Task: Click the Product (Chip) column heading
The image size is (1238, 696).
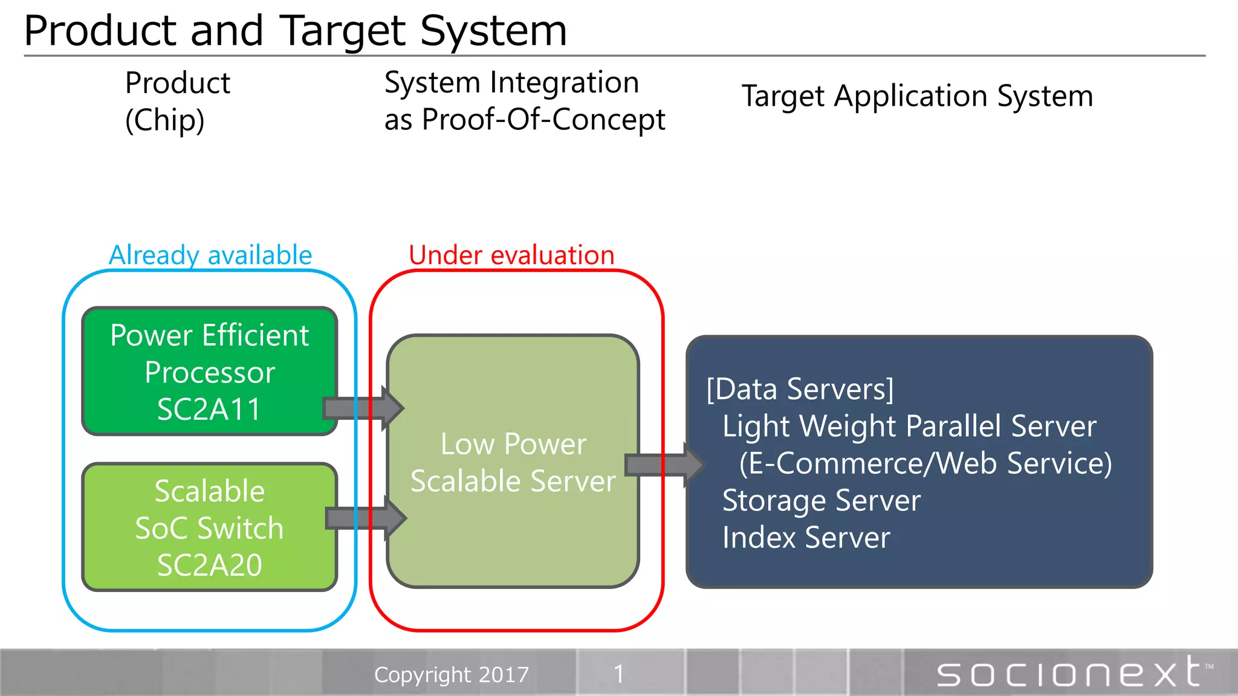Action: click(x=177, y=101)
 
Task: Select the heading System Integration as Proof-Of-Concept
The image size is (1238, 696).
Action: click(x=523, y=101)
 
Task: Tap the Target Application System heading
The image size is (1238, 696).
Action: click(x=916, y=96)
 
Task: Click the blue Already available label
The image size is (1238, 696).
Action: click(x=210, y=255)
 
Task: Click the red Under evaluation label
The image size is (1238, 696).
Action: click(x=511, y=255)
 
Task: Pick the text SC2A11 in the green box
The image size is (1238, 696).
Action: click(x=209, y=409)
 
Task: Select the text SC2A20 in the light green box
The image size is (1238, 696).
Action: click(x=209, y=565)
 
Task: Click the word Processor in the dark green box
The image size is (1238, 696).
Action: click(x=210, y=372)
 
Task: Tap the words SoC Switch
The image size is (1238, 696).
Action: click(x=209, y=528)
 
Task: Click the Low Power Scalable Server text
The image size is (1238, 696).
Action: click(x=513, y=462)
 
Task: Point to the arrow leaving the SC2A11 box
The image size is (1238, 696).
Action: click(x=363, y=408)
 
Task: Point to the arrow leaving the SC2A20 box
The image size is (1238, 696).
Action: click(x=366, y=518)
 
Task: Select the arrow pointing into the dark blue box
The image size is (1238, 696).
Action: click(x=664, y=465)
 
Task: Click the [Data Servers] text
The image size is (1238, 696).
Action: click(x=799, y=389)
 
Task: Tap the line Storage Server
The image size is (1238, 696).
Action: click(x=821, y=500)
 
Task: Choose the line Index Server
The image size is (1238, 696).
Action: click(x=806, y=538)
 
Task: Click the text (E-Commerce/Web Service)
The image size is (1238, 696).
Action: click(x=925, y=463)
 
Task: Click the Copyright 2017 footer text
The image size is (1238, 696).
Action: click(x=451, y=674)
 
